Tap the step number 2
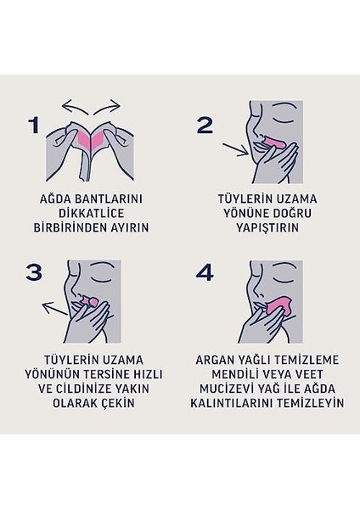(205, 126)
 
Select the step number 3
(34, 272)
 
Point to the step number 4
(204, 272)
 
